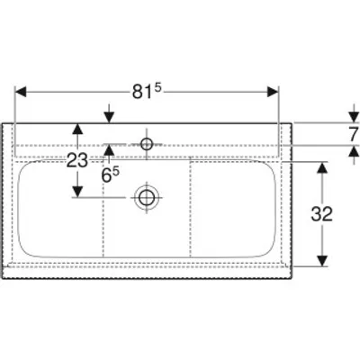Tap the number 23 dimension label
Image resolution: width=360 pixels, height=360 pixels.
77,160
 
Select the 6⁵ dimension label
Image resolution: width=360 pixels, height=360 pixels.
110,175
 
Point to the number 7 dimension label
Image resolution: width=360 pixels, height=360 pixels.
354,134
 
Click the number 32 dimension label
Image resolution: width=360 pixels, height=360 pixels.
322,214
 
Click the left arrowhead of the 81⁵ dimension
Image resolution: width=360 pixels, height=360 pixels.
21,92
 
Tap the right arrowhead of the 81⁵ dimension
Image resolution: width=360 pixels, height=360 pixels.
273,92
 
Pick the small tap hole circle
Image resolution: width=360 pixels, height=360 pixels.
147,144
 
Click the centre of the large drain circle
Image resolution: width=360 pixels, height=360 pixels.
147,198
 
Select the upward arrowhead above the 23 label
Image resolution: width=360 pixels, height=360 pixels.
77,130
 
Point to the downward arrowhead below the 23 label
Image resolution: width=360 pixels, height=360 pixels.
77,192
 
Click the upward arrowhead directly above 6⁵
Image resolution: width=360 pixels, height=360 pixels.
109,150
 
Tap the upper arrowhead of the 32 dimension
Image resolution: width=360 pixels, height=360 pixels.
322,167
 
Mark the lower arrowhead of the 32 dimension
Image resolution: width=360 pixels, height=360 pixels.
322,260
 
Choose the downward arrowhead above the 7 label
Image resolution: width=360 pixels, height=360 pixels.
354,117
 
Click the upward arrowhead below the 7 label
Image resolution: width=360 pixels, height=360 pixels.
354,151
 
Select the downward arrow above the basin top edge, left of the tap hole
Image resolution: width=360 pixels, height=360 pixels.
109,113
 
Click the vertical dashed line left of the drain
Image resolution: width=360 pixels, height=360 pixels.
103,209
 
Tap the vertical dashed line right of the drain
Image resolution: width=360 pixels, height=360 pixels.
190,207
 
